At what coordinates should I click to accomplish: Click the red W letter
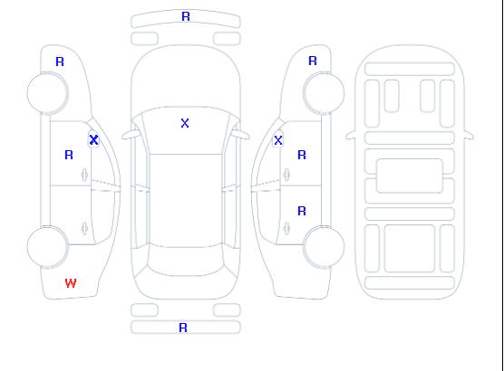(71, 283)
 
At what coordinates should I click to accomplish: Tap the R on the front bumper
(186, 16)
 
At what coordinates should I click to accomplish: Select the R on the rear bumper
(183, 328)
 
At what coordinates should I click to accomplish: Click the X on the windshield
(185, 123)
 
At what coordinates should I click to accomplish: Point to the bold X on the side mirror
(93, 139)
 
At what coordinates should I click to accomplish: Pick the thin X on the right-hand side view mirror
(278, 140)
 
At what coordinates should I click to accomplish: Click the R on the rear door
(302, 211)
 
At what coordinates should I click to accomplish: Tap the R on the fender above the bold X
(60, 62)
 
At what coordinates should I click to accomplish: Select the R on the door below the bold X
(69, 155)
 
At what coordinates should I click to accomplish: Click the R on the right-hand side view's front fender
(313, 61)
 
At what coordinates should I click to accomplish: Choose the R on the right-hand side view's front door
(302, 155)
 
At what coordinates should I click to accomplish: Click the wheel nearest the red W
(47, 247)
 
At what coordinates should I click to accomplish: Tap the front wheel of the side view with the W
(47, 93)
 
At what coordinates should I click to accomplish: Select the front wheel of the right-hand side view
(324, 93)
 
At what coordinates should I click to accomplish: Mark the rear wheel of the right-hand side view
(324, 247)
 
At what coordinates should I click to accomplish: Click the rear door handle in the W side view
(84, 228)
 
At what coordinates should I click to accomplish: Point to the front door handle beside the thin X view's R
(286, 175)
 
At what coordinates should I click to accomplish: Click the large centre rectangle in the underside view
(410, 176)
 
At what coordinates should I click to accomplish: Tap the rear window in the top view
(186, 261)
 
